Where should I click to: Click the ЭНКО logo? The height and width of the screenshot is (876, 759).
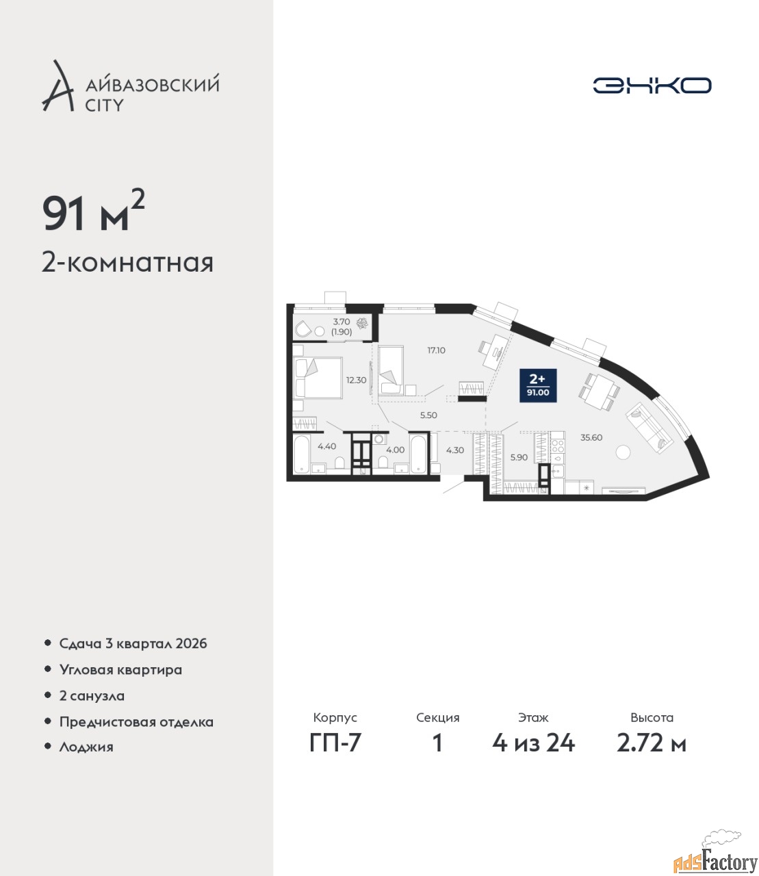(x=652, y=85)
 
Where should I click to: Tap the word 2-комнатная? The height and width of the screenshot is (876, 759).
(x=127, y=263)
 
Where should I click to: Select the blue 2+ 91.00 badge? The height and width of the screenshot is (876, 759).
(x=538, y=385)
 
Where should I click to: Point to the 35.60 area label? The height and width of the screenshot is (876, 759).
(x=591, y=437)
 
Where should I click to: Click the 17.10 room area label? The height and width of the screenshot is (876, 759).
(x=436, y=350)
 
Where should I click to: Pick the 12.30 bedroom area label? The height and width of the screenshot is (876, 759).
(x=356, y=380)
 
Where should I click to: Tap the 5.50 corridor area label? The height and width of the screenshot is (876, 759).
(x=428, y=415)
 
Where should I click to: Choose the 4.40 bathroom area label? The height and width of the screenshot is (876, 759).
(x=326, y=446)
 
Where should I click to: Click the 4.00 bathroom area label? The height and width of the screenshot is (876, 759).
(x=395, y=450)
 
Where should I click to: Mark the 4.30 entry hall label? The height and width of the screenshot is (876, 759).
(x=454, y=450)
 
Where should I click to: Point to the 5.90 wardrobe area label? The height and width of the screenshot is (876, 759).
(x=519, y=457)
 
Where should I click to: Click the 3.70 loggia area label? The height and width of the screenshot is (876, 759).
(x=342, y=322)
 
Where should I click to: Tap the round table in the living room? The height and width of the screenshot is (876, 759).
(x=623, y=452)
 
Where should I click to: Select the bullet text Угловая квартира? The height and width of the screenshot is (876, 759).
(x=120, y=670)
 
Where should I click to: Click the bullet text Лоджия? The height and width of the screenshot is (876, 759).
(x=86, y=747)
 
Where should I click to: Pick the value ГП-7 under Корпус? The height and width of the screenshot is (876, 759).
(x=335, y=743)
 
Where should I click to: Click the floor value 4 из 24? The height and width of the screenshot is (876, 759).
(x=533, y=743)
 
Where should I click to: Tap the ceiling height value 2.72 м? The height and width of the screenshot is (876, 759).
(x=652, y=743)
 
